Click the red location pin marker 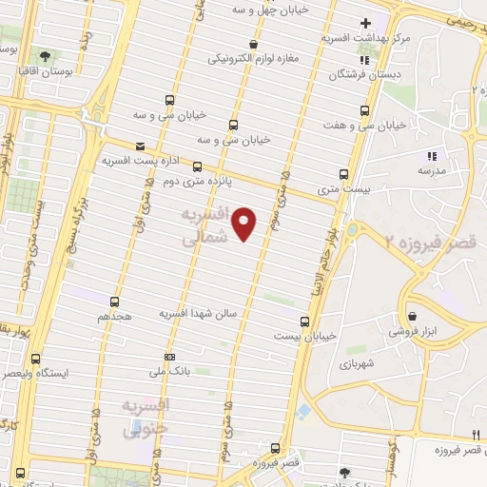[x=245, y=224]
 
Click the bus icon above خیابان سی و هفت [x=362, y=109]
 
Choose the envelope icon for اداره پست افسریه [x=141, y=146]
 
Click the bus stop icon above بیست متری [x=344, y=174]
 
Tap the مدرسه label [x=432, y=170]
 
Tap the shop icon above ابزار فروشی [x=412, y=317]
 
